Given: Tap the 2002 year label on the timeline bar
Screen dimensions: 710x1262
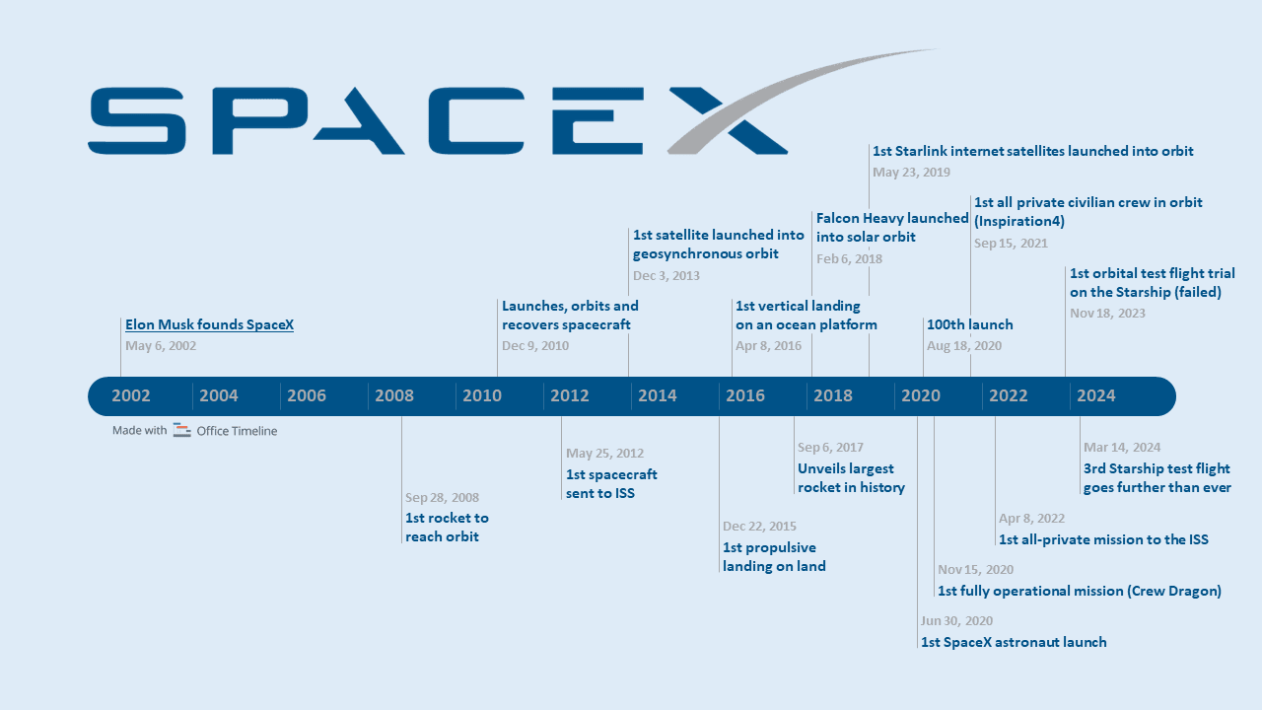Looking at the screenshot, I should (x=131, y=396).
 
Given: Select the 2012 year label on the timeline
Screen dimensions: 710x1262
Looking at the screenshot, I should (x=570, y=396).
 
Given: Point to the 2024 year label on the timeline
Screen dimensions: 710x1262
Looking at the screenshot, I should (x=1096, y=396).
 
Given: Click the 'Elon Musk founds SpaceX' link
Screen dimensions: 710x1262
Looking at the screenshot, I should (x=209, y=324).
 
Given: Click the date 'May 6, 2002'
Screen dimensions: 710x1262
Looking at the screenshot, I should (x=161, y=346).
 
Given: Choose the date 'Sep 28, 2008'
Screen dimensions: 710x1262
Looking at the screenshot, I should (x=442, y=498).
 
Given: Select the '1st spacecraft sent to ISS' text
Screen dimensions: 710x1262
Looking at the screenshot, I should (x=611, y=483).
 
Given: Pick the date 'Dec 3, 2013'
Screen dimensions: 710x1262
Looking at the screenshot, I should (x=666, y=276).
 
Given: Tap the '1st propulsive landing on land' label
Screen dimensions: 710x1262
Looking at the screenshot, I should (x=774, y=557).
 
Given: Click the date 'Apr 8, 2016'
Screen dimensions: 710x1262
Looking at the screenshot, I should (x=768, y=346).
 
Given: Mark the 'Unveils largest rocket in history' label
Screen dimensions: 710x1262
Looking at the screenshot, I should (x=851, y=478).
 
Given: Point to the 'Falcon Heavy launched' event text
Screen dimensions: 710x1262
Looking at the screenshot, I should (x=892, y=219).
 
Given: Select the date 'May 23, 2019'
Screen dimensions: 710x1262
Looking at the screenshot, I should (x=911, y=173).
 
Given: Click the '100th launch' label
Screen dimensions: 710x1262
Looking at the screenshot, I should (x=970, y=324).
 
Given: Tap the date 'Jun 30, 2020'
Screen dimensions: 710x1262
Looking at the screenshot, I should (x=956, y=621).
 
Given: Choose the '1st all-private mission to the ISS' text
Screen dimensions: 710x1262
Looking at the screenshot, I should (x=1103, y=539).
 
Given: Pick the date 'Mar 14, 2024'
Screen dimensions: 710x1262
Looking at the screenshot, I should (x=1122, y=448).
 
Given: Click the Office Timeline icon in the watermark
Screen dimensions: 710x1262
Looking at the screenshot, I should (x=181, y=430).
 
